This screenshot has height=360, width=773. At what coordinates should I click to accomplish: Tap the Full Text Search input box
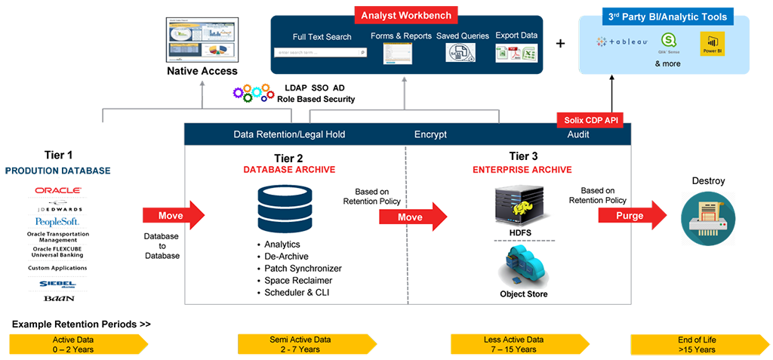pos(321,53)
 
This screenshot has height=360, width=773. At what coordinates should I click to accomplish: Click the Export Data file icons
pos(516,54)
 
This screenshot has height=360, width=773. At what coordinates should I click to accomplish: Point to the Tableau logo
pos(623,42)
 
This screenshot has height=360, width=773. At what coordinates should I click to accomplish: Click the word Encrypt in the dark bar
pos(430,134)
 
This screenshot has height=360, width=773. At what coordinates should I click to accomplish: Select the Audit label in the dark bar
pos(578,134)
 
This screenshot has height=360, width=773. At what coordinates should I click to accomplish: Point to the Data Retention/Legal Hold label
pos(289,134)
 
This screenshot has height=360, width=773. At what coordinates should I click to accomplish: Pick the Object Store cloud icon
pos(522,268)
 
